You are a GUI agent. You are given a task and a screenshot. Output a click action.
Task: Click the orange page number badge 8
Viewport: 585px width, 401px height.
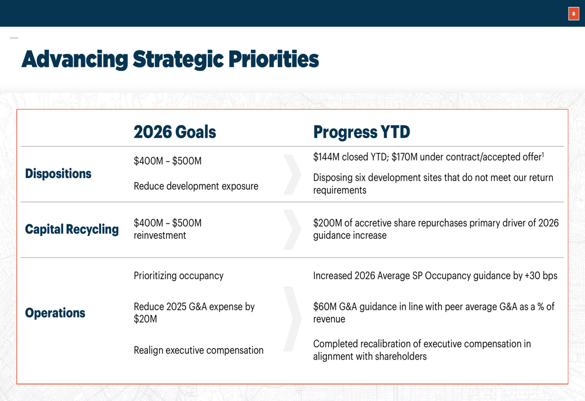click(573, 13)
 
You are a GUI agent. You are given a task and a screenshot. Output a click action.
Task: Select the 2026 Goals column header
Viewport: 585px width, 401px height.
click(174, 132)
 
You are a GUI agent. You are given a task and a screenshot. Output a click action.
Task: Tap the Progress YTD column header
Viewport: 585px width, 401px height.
click(362, 132)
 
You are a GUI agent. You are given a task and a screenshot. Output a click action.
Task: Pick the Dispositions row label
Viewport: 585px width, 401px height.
click(58, 174)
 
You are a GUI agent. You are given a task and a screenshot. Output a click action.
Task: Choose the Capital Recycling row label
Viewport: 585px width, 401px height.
click(71, 229)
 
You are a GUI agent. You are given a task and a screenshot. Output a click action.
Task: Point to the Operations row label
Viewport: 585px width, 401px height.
click(55, 313)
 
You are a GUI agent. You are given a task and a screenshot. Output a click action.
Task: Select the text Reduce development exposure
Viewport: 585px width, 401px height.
click(196, 186)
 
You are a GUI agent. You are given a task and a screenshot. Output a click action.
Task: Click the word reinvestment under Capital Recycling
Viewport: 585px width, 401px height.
click(160, 235)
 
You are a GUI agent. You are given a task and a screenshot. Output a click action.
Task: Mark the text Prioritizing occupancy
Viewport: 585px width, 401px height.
click(178, 276)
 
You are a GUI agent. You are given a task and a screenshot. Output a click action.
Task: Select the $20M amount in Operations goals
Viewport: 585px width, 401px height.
click(145, 319)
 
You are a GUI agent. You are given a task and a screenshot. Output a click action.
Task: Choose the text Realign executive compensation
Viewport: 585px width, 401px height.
click(198, 350)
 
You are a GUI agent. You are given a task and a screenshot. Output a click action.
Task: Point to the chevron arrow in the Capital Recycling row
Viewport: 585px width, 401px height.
click(292, 229)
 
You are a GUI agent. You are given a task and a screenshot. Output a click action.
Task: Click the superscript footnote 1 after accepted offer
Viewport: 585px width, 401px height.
click(543, 153)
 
